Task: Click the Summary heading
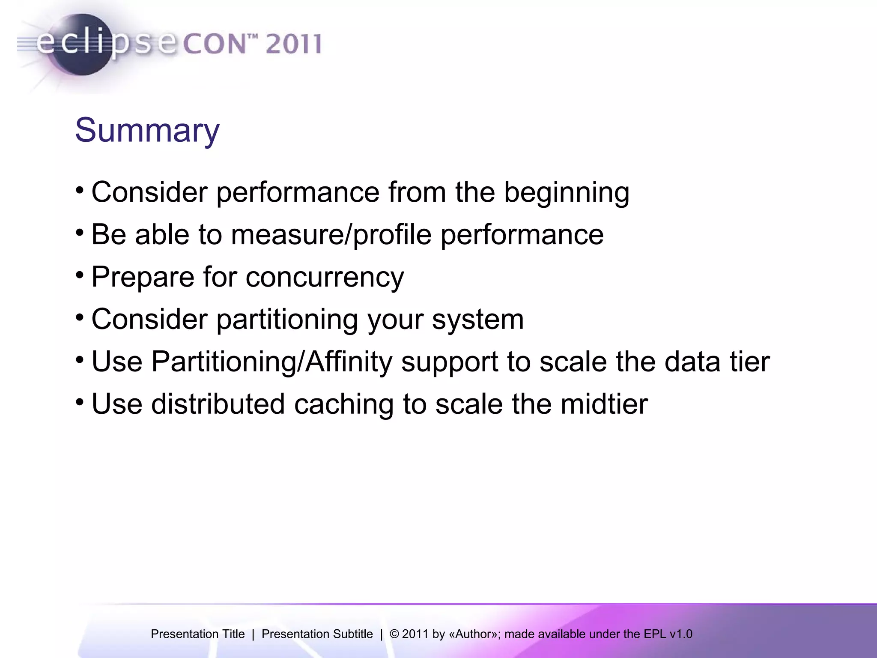tap(147, 130)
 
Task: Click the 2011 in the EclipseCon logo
tap(293, 44)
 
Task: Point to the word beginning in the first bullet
tap(566, 192)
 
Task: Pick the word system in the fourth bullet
tap(478, 320)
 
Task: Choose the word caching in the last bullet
tap(343, 405)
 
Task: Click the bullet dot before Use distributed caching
tap(80, 402)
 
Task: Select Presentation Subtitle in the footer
tap(317, 634)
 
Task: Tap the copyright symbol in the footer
tap(394, 634)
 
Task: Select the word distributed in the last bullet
tap(218, 404)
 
